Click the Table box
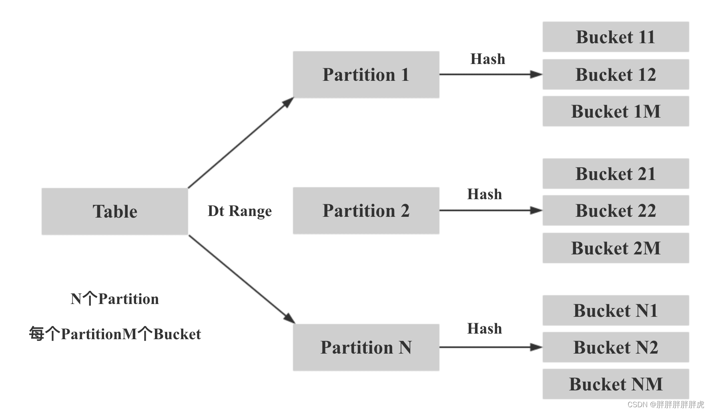click(x=115, y=211)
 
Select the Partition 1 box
click(x=366, y=75)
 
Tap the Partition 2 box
click(x=366, y=211)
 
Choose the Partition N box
click(x=366, y=347)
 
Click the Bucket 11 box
click(x=616, y=37)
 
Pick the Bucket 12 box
click(x=616, y=74)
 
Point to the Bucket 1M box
click(x=616, y=111)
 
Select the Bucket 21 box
click(x=616, y=174)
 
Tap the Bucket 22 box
click(x=616, y=210)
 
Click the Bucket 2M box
click(x=616, y=248)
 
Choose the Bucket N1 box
click(x=616, y=310)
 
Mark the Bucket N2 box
click(x=616, y=347)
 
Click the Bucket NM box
click(x=616, y=384)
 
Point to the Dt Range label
click(x=240, y=211)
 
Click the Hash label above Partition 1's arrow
click(x=487, y=59)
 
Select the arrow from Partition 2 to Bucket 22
click(x=490, y=210)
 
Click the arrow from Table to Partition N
click(x=241, y=279)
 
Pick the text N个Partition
click(x=115, y=299)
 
